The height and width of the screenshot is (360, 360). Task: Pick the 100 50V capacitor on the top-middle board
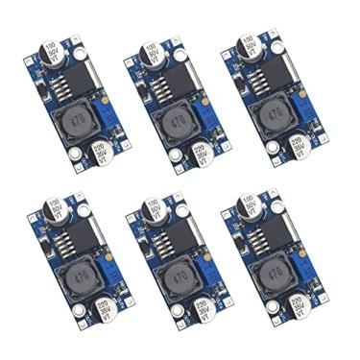tap(152, 54)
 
